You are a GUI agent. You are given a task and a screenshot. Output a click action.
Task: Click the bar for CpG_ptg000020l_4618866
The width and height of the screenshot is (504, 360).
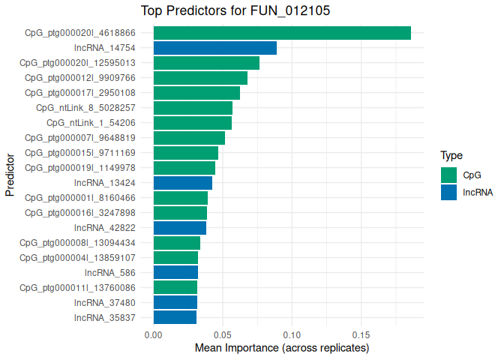click(282, 33)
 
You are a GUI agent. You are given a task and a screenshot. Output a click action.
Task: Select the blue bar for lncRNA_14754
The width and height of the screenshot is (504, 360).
click(215, 48)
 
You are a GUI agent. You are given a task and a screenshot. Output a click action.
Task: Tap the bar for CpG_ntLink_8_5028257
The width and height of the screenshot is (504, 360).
click(193, 108)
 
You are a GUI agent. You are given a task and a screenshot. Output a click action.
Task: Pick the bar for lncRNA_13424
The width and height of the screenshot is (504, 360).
click(183, 183)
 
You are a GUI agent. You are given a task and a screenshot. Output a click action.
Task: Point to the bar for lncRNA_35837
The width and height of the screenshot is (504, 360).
click(175, 317)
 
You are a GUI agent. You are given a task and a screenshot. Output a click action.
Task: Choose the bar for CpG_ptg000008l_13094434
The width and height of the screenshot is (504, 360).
click(177, 243)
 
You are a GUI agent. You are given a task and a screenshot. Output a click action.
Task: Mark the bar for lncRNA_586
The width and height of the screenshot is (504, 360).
click(175, 272)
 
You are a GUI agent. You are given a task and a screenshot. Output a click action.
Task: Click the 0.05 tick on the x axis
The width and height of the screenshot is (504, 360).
click(223, 334)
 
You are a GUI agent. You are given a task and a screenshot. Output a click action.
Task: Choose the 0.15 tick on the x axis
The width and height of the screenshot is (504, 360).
click(361, 334)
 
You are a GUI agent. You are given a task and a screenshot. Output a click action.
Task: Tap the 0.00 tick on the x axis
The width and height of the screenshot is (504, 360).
click(154, 334)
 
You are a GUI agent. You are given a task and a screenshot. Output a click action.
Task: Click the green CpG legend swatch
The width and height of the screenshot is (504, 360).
click(449, 175)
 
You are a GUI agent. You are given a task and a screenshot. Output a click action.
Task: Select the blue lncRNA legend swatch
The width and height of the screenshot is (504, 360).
click(449, 192)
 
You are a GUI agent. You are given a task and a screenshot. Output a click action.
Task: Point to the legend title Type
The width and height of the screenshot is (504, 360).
click(451, 156)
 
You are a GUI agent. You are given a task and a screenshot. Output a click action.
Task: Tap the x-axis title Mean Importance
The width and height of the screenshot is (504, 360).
click(282, 349)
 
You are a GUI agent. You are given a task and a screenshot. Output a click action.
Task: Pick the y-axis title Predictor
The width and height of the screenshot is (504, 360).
click(10, 175)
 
